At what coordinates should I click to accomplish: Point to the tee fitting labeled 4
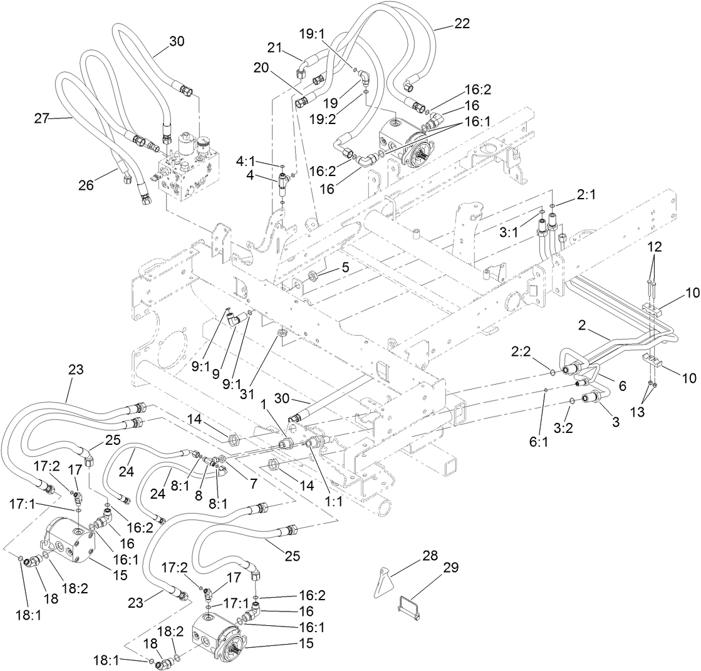click(282, 185)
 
